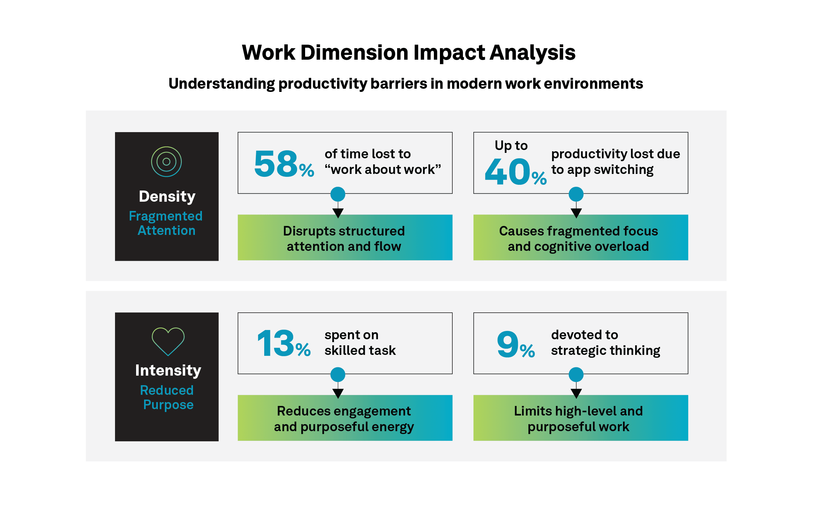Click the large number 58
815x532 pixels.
(x=276, y=164)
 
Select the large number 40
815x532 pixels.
(x=507, y=172)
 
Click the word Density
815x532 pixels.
(x=167, y=197)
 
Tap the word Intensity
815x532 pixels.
(x=168, y=371)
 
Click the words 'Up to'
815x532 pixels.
(x=511, y=146)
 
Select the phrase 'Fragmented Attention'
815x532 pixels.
(x=166, y=223)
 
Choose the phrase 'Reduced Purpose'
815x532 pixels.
(x=167, y=397)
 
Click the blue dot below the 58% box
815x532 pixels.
(x=338, y=194)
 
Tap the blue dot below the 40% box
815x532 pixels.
(x=576, y=194)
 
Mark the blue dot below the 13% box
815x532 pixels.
(x=338, y=375)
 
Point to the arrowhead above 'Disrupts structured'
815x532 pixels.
(x=338, y=213)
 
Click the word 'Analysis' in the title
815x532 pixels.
(x=533, y=53)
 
